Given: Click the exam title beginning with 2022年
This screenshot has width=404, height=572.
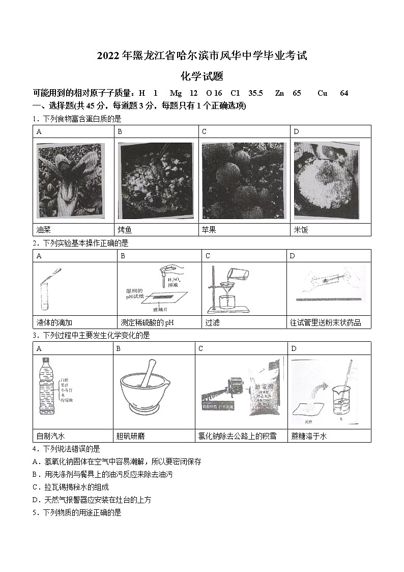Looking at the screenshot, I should (x=202, y=56).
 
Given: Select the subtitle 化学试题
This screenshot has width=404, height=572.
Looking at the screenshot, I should (x=202, y=76).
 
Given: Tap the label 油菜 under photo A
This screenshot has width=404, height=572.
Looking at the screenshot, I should (x=44, y=230).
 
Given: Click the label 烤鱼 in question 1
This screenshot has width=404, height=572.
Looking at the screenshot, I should (x=125, y=230).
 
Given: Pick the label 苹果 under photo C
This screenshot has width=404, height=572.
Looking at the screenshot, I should (x=209, y=230).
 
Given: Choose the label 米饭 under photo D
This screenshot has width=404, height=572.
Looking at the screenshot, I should (x=301, y=230).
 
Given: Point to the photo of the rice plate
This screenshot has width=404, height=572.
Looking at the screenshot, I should (x=326, y=180).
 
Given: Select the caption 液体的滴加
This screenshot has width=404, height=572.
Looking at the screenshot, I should (x=55, y=322).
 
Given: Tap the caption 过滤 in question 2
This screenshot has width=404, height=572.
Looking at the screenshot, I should (x=212, y=322).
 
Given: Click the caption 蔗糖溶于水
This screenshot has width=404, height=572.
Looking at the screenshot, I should (x=309, y=436).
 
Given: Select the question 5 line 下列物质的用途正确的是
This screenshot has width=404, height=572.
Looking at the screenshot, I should (x=77, y=513).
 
